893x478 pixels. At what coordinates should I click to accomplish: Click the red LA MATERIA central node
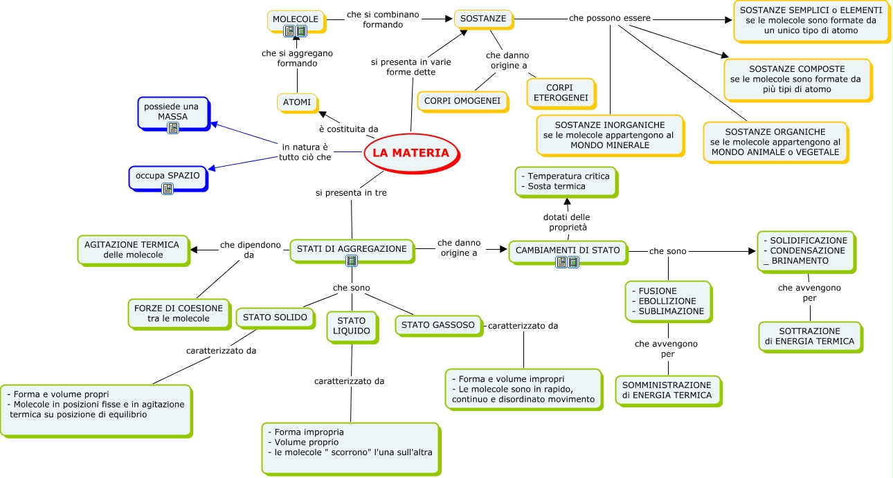pyautogui.click(x=411, y=153)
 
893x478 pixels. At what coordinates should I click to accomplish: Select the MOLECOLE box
pyautogui.click(x=296, y=20)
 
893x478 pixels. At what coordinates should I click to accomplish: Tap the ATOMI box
pyautogui.click(x=297, y=103)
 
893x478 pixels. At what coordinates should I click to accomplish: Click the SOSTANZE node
pyautogui.click(x=483, y=19)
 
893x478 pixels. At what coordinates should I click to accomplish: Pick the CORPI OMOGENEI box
pyautogui.click(x=462, y=101)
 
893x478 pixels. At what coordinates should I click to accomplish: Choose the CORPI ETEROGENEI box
pyautogui.click(x=560, y=93)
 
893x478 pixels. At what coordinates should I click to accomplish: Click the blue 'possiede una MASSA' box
pyautogui.click(x=172, y=113)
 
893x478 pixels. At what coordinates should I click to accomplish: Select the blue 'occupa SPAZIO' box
pyautogui.click(x=168, y=176)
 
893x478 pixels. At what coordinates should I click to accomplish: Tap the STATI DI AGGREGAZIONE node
pyautogui.click(x=352, y=250)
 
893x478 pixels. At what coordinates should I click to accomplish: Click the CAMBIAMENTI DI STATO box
pyautogui.click(x=568, y=250)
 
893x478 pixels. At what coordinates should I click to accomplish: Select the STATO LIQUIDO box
pyautogui.click(x=351, y=326)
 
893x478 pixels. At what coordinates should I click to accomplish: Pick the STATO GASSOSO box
pyautogui.click(x=438, y=324)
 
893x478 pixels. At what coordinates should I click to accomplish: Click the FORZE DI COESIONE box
pyautogui.click(x=178, y=313)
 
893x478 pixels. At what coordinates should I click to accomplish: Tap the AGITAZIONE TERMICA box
pyautogui.click(x=132, y=249)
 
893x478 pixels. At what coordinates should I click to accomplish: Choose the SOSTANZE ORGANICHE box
pyautogui.click(x=775, y=142)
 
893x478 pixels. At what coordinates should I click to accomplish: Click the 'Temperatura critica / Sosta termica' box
pyautogui.click(x=565, y=181)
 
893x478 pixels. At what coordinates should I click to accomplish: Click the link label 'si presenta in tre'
pyautogui.click(x=351, y=193)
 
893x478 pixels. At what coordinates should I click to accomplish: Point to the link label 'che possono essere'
pyautogui.click(x=609, y=18)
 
